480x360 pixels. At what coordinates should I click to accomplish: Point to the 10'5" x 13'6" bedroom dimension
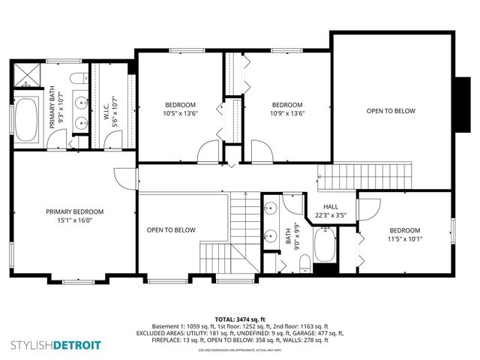[x=180, y=114]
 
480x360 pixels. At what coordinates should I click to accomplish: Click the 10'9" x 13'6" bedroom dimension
[x=286, y=114]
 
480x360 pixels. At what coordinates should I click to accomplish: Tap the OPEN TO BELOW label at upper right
[x=391, y=110]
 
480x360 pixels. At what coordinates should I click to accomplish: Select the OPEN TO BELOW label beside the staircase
[x=171, y=230]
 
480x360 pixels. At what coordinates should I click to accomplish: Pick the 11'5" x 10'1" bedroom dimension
[x=404, y=239]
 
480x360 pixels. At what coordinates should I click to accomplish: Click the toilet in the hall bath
[x=304, y=262]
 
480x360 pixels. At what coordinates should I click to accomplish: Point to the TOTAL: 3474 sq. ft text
[x=240, y=319]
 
